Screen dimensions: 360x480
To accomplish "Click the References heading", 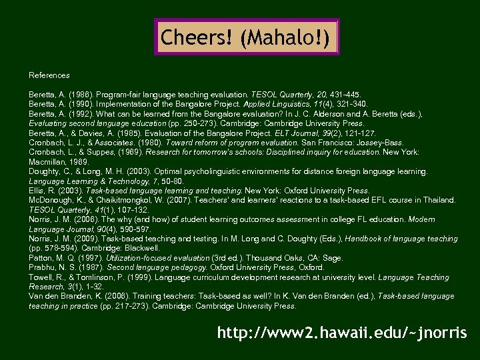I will (49, 75).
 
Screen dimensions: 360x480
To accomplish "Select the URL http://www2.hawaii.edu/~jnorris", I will (341, 332).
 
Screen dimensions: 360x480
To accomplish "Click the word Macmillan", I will (48, 162).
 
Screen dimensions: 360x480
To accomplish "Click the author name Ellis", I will (37, 191).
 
